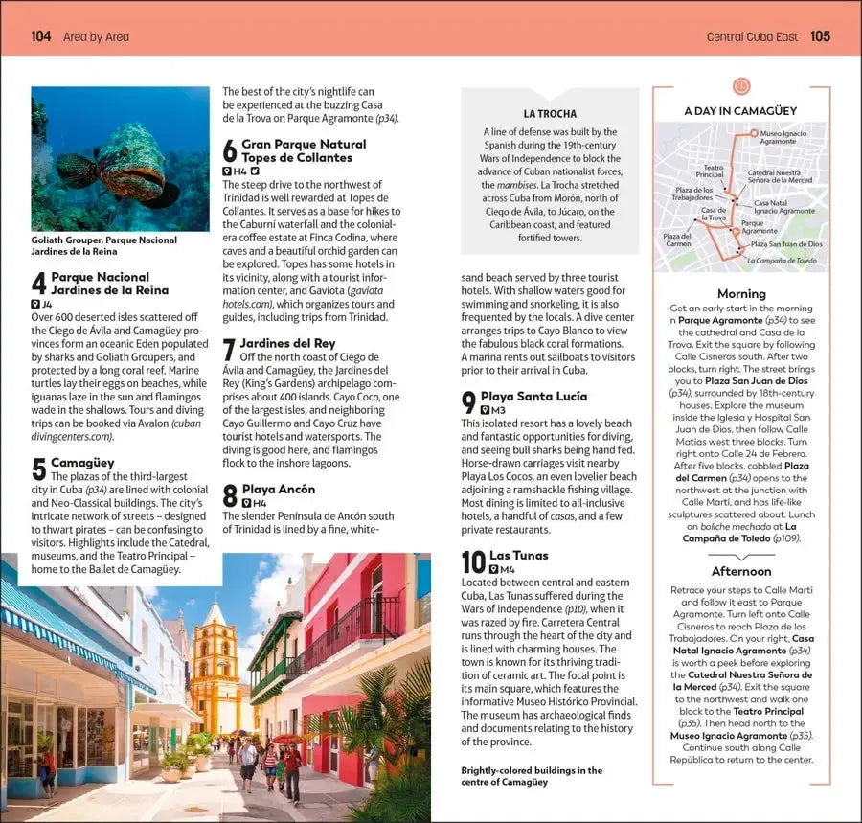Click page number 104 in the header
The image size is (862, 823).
(x=41, y=36)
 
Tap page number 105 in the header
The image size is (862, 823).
(x=820, y=36)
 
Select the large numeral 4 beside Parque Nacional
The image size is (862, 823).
(x=38, y=284)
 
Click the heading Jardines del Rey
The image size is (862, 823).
(x=287, y=342)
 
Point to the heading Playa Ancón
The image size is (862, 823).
(x=278, y=489)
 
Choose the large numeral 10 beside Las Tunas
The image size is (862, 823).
(x=473, y=561)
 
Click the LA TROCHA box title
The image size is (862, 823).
(x=550, y=113)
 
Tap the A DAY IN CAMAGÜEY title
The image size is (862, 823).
(x=740, y=111)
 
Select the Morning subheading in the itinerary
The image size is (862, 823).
(x=741, y=293)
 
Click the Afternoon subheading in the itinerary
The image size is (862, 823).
(x=741, y=571)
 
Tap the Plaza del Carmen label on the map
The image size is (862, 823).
(x=678, y=240)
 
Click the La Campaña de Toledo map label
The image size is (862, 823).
(x=782, y=261)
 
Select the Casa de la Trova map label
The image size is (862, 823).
(x=714, y=214)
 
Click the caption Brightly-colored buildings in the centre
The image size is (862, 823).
(x=532, y=776)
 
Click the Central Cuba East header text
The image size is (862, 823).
(x=753, y=36)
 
